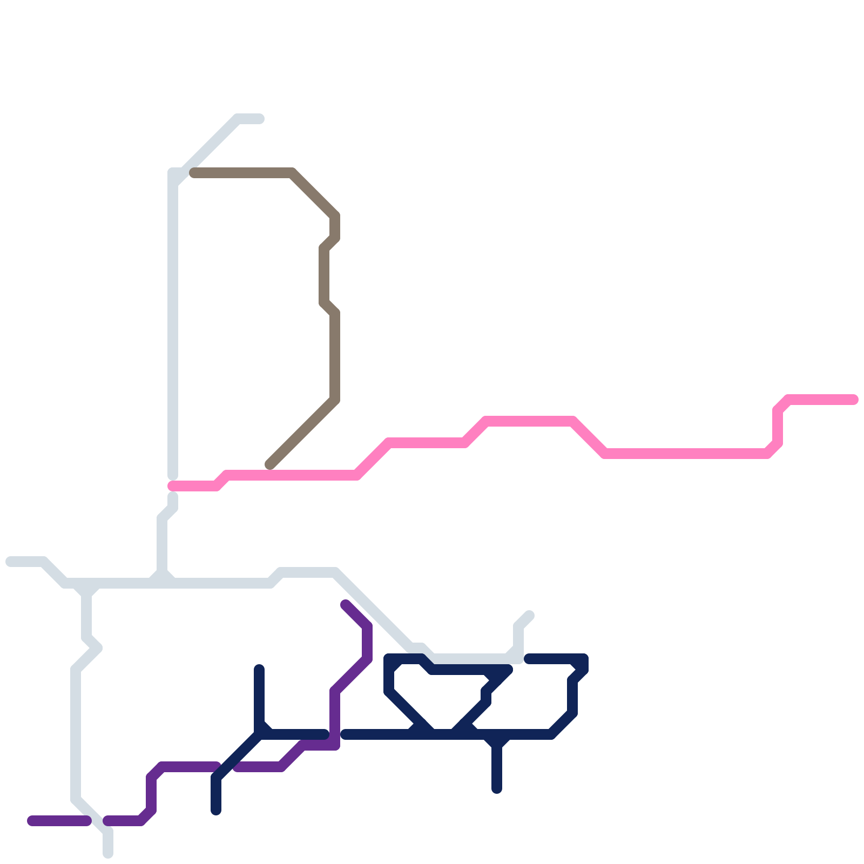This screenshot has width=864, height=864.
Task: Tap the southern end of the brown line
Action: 269,464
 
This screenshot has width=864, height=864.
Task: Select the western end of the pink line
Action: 172,486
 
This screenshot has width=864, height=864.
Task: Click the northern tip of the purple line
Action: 345,604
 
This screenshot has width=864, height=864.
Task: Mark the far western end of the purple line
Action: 31,821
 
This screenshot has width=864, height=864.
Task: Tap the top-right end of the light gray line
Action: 260,119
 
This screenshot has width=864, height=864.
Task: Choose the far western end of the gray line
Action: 10,562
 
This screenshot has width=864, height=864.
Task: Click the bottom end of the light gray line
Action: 108,854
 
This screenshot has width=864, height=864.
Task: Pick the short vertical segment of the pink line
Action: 778,427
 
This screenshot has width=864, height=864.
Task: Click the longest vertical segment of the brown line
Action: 335,356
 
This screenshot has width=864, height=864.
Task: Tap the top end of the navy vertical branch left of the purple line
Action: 259,670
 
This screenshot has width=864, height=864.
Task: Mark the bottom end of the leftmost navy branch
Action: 216,810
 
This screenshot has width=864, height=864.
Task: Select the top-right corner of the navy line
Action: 583,659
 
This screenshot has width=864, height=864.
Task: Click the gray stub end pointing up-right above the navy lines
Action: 530,616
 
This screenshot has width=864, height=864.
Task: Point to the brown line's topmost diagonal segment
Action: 313,194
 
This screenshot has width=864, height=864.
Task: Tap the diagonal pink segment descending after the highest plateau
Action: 589,437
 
